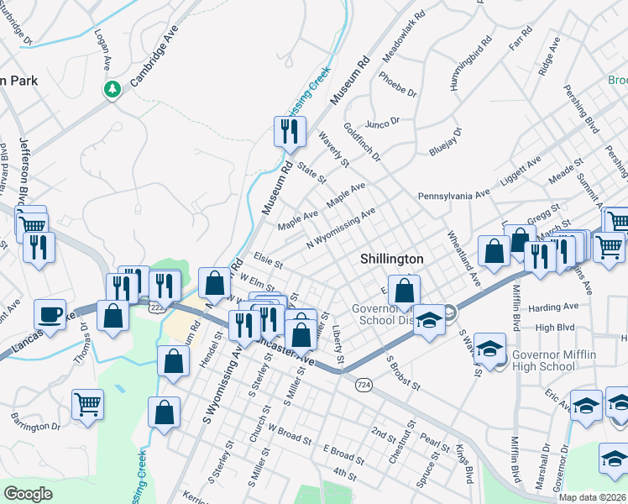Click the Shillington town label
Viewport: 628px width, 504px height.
click(x=391, y=259)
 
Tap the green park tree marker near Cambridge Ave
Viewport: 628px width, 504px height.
click(x=112, y=89)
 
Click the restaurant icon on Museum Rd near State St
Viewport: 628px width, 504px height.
click(x=287, y=130)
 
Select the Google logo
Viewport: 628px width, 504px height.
click(x=28, y=494)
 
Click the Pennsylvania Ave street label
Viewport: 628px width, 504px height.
click(x=453, y=195)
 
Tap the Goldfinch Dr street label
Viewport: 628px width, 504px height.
click(x=362, y=142)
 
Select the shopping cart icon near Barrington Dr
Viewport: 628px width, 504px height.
click(x=87, y=403)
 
